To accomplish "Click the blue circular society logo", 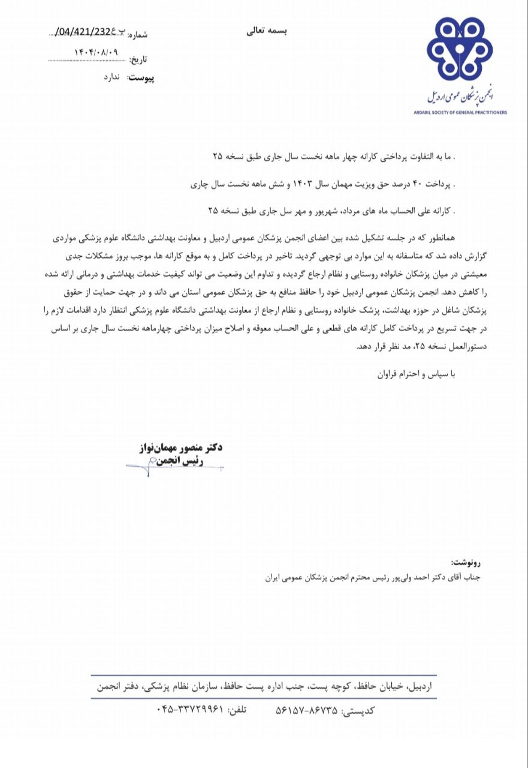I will pyautogui.click(x=459, y=49).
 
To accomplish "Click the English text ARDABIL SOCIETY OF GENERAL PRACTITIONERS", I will pyautogui.click(x=460, y=112).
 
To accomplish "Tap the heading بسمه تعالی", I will pyautogui.click(x=267, y=31).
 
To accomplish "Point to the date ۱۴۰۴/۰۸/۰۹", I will pyautogui.click(x=96, y=52).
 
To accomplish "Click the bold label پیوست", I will pyautogui.click(x=141, y=79).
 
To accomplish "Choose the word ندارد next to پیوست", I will pyautogui.click(x=113, y=78).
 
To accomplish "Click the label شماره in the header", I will pyautogui.click(x=137, y=35).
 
